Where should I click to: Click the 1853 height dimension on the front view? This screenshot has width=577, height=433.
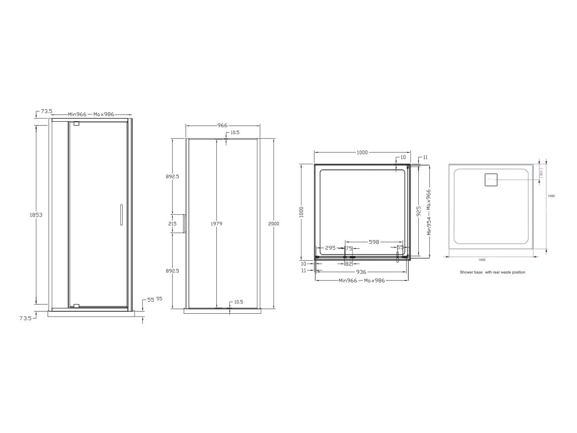[36, 215]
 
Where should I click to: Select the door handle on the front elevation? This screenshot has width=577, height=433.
[121, 215]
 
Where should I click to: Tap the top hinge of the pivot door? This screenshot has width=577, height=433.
[76, 124]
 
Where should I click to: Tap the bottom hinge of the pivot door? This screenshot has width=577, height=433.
[76, 306]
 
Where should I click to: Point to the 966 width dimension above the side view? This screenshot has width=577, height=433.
[222, 125]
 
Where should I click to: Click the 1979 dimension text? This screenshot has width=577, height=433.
[217, 224]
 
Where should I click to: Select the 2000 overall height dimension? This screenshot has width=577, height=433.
[274, 224]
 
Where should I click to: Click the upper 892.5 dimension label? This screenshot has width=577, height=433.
[172, 177]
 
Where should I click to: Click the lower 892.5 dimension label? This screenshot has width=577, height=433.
[172, 271]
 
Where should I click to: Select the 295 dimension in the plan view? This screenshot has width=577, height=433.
[330, 248]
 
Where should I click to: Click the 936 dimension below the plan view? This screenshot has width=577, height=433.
[361, 272]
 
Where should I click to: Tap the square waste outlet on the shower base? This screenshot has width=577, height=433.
[490, 180]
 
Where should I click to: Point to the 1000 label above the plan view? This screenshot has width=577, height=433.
[362, 153]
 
